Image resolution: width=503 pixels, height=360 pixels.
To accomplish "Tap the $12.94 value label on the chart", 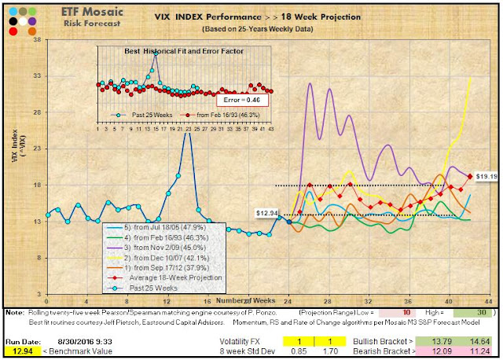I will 268,213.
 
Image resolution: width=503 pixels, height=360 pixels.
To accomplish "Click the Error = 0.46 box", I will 244,101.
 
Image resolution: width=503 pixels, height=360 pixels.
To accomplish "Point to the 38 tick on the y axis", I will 38,41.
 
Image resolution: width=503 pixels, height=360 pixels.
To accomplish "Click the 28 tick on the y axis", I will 38,112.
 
